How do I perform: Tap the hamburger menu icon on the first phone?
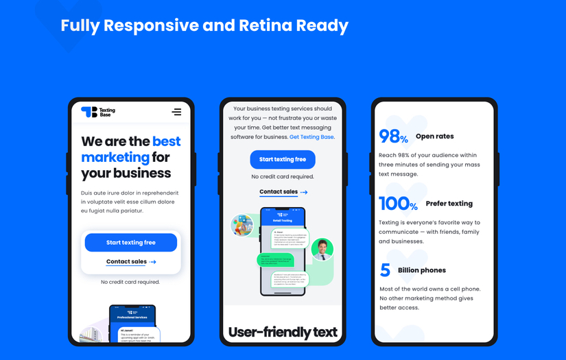pyautogui.click(x=176, y=112)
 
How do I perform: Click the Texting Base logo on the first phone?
pyautogui.click(x=98, y=112)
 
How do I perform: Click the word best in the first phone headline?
pyautogui.click(x=166, y=142)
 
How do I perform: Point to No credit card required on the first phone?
pyautogui.click(x=130, y=282)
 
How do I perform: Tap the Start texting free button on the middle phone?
pyautogui.click(x=283, y=160)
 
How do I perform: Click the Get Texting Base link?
pyautogui.click(x=311, y=137)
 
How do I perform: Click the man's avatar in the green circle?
pyautogui.click(x=322, y=250)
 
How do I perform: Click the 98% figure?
pyautogui.click(x=393, y=136)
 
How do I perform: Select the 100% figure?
pyautogui.click(x=398, y=204)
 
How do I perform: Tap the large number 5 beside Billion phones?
pyautogui.click(x=385, y=270)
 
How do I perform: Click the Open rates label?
pyautogui.click(x=435, y=136)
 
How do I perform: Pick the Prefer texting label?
pyautogui.click(x=449, y=204)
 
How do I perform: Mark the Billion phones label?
pyautogui.click(x=422, y=270)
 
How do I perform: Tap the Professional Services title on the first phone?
pyautogui.click(x=132, y=317)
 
